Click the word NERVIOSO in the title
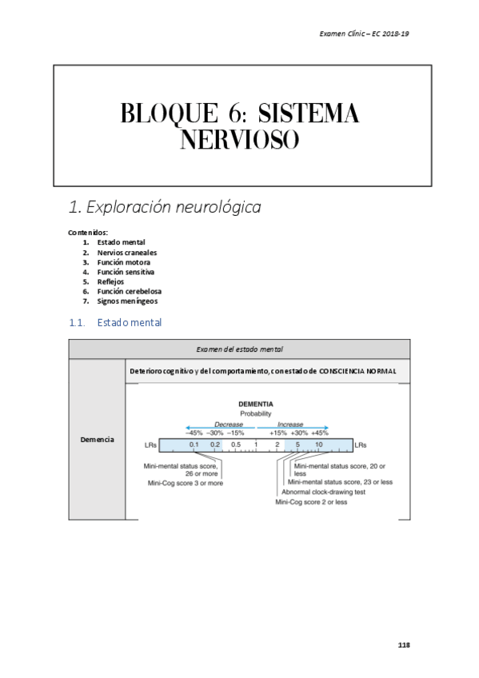tap(239, 142)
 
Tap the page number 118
tap(403, 644)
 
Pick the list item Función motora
tap(123, 261)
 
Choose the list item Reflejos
tap(110, 281)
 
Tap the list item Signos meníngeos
tap(127, 301)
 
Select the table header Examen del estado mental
tap(239, 349)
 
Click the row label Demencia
tap(98, 440)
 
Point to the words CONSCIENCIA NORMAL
tap(357, 372)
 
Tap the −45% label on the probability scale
tap(194, 432)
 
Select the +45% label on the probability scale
tap(319, 432)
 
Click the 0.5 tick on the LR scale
tap(236, 445)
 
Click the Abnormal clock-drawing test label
tap(323, 493)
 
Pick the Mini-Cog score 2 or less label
tap(311, 502)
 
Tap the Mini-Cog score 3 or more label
tap(186, 483)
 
